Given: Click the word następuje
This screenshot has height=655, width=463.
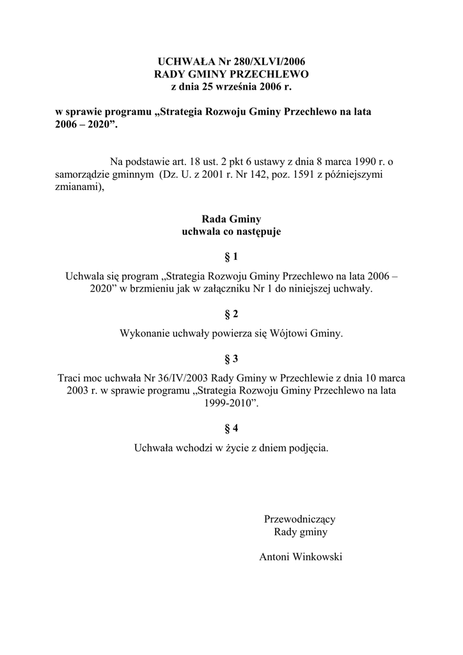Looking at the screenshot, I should (256, 232).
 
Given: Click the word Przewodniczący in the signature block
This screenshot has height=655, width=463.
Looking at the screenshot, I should (300, 519).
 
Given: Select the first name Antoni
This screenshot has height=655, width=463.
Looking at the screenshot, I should (273, 557).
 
